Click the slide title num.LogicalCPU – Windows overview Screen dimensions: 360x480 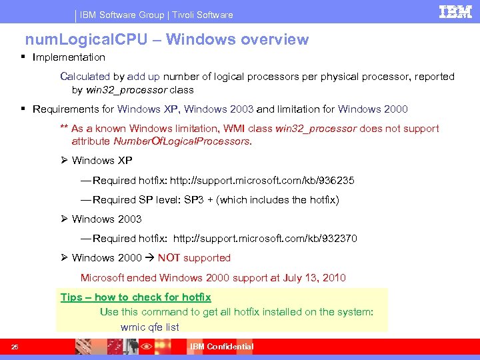point(167,39)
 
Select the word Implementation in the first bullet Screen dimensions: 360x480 point(69,57)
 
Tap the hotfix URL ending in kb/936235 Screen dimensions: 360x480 point(262,181)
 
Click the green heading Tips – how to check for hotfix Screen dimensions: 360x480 point(135,297)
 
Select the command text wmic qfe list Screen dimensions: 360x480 point(149,327)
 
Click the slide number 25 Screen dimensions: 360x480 point(15,347)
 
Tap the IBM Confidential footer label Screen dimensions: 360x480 point(221,347)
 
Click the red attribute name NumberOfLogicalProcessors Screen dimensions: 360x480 point(182,141)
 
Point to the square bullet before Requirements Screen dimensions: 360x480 point(23,109)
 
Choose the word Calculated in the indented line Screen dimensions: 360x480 point(84,77)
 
